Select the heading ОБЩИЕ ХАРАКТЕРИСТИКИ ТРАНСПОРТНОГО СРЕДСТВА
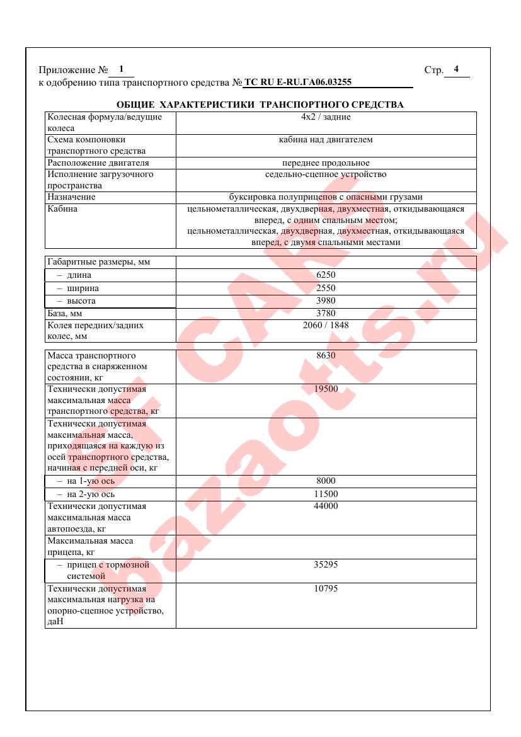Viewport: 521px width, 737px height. (x=260, y=105)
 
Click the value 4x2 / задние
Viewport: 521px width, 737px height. (x=326, y=117)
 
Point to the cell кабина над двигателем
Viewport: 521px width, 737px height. (x=326, y=140)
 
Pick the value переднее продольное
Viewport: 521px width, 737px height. (x=326, y=163)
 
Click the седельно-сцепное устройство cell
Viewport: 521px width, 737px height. (x=326, y=174)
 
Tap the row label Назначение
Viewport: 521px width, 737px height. (x=72, y=197)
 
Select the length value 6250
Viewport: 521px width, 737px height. (x=326, y=275)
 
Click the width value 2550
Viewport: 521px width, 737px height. (x=326, y=289)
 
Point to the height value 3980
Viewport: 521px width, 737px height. (x=326, y=301)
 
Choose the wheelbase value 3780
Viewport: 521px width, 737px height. (x=326, y=314)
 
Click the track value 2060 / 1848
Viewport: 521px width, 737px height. (x=326, y=326)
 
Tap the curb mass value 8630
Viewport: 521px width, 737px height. (x=326, y=355)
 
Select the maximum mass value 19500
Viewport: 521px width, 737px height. (x=326, y=389)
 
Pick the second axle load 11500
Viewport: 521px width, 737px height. (x=326, y=494)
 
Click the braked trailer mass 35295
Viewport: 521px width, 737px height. (x=326, y=565)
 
